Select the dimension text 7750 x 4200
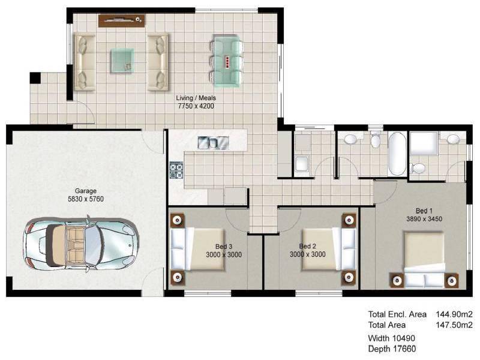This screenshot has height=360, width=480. coord(196,106)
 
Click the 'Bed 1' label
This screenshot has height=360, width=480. coord(424,211)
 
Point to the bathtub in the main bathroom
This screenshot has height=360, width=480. coord(397,154)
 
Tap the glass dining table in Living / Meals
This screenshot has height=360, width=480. coord(227,61)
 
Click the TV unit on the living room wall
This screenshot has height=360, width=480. coord(122,20)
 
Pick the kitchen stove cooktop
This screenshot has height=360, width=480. coord(176,170)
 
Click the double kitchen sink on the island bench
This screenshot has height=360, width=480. coord(214,142)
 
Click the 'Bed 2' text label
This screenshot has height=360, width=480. coord(307,246)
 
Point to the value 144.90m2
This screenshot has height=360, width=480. coord(454,314)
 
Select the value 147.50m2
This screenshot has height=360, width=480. coord(454,325)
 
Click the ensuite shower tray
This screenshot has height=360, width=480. coord(424,143)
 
